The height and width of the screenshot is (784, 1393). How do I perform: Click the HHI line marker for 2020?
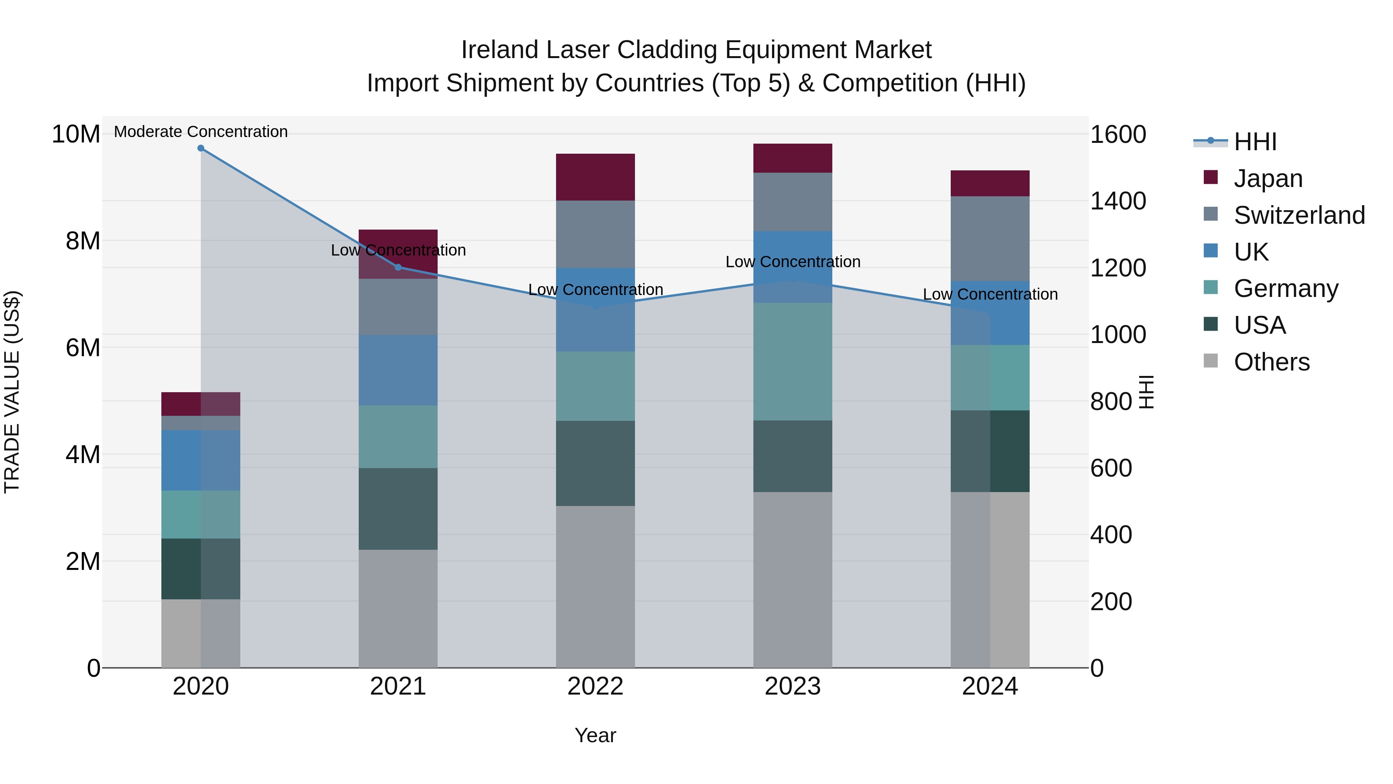click(x=200, y=148)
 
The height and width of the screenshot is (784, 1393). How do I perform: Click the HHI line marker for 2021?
click(x=398, y=267)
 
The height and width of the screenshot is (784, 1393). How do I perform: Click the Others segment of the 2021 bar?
click(x=398, y=608)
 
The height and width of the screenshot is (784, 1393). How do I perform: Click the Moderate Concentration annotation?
click(x=200, y=132)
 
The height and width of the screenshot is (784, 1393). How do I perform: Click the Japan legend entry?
click(x=1268, y=178)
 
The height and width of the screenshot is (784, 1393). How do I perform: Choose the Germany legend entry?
click(x=1285, y=288)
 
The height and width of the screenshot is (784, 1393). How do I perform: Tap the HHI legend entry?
click(x=1254, y=142)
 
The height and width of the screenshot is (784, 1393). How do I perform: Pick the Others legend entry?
click(x=1271, y=362)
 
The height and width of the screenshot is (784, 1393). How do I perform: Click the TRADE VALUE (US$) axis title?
click(x=12, y=392)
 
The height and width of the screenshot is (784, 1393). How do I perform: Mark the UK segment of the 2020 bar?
click(x=200, y=460)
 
